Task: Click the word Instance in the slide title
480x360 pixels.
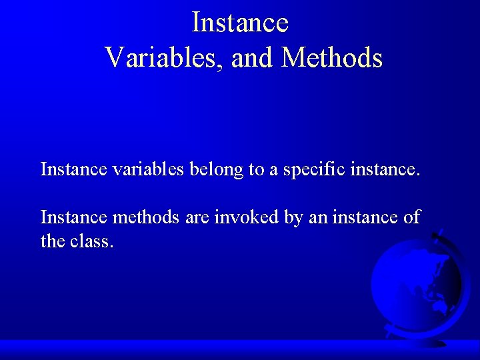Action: click(240, 23)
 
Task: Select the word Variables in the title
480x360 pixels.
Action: click(167, 58)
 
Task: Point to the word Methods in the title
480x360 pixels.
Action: click(331, 58)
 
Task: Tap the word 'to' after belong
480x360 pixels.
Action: click(257, 170)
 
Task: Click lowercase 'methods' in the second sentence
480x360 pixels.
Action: click(146, 217)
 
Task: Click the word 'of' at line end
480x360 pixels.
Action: click(412, 217)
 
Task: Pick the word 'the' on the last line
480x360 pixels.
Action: click(53, 241)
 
